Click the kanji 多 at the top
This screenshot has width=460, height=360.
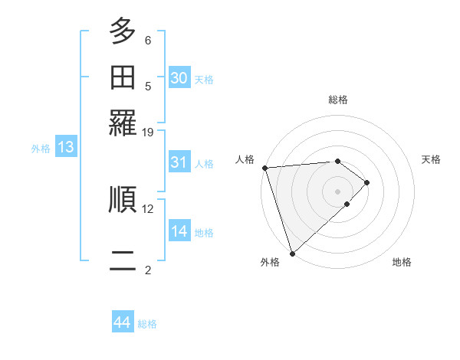point(123,32)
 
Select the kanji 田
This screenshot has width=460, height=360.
point(123,78)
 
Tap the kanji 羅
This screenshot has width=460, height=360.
point(123,123)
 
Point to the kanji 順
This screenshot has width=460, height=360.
point(123,199)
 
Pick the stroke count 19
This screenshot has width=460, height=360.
point(148,132)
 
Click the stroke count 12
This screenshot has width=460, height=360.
point(148,208)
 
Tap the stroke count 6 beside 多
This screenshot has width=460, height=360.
point(148,40)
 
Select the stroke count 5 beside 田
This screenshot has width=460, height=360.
point(148,86)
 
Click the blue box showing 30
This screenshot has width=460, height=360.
point(179,78)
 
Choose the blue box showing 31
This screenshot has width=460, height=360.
point(179,162)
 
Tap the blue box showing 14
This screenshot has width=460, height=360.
point(179,231)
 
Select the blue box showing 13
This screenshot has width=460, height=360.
point(65,148)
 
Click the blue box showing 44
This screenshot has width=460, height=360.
point(123,322)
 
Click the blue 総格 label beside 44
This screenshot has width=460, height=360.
point(147,324)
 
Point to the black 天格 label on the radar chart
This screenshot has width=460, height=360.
point(431,159)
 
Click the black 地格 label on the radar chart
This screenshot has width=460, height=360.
point(402,262)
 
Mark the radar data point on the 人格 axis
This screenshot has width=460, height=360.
point(264,168)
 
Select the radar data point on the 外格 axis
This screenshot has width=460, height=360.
point(292,252)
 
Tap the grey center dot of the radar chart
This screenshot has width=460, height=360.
point(337,191)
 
